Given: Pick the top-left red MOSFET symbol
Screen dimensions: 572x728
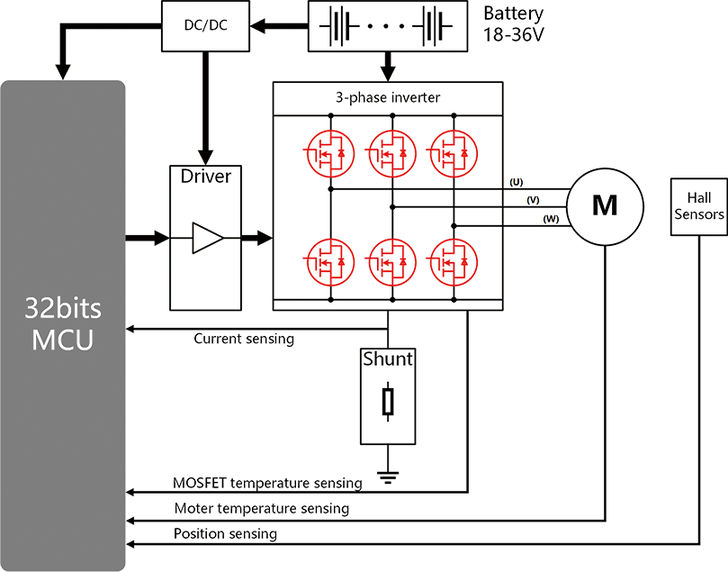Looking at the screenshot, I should coord(330,154).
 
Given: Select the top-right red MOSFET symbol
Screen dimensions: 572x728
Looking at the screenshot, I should coord(446,154).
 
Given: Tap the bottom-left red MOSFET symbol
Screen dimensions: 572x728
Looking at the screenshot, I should coord(330,260).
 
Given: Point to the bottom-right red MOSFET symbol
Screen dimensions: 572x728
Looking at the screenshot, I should coord(446,260).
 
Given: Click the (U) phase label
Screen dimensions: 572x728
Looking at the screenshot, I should coord(517,183).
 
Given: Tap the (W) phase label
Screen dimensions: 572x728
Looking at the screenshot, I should coord(549,219).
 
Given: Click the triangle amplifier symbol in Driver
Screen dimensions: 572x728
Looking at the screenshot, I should coord(206,238).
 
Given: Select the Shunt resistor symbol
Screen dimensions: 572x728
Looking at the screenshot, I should coord(388,397).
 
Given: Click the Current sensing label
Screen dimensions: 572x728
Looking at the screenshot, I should coord(243,340).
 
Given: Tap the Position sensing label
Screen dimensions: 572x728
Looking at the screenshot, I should coord(225,534).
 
